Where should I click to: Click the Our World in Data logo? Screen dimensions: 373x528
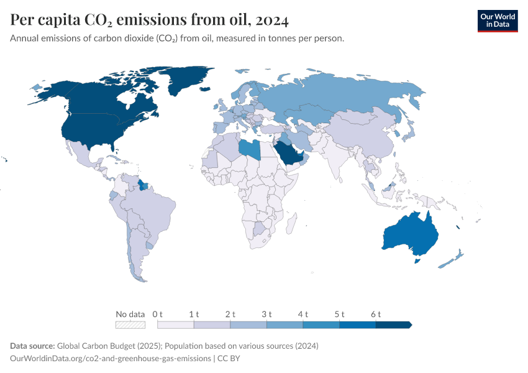point(497,21)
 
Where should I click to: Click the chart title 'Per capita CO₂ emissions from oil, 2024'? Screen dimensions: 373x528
point(149,20)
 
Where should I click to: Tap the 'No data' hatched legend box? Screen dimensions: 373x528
point(130,325)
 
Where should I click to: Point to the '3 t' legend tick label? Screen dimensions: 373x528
point(266,314)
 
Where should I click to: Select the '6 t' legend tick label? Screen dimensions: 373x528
point(375,314)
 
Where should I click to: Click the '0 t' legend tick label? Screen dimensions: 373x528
point(158,314)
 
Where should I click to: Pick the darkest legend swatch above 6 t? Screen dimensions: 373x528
point(393,325)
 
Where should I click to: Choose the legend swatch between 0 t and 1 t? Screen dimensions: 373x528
point(176,325)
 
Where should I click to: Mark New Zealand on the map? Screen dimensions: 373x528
point(452,259)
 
